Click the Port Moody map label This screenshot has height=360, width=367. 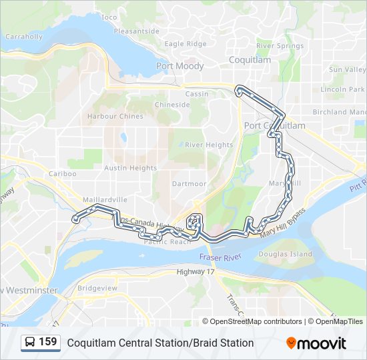click(x=179, y=66)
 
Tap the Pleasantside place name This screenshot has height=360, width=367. click(x=136, y=31)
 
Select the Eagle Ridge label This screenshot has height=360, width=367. click(x=186, y=44)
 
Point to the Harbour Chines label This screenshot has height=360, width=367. click(x=115, y=116)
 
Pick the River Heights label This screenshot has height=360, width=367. click(x=209, y=145)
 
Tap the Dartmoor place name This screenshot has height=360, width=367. click(x=189, y=183)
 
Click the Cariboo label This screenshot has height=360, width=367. click(x=62, y=173)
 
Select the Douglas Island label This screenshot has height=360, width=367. click(x=285, y=254)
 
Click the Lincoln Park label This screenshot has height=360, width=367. click(x=342, y=89)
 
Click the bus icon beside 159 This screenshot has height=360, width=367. click(x=31, y=343)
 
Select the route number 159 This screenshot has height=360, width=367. click(x=47, y=342)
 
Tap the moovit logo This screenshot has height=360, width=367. click(x=316, y=343)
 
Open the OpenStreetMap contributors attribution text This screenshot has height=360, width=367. click(x=252, y=321)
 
